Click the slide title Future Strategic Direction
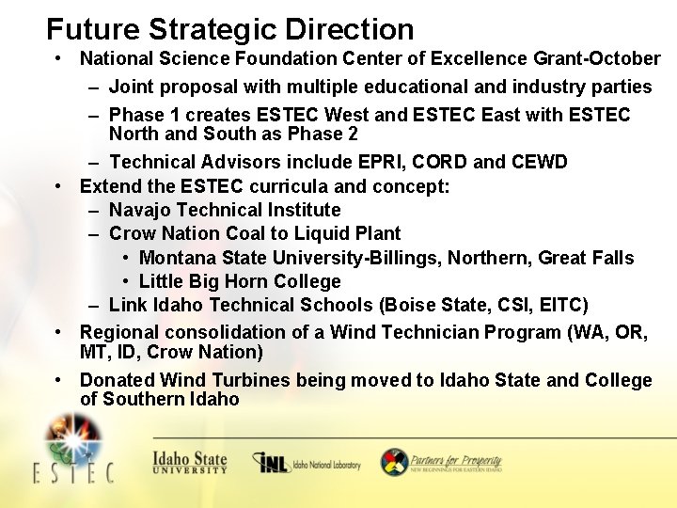(229, 29)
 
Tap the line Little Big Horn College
(240, 281)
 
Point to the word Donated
(118, 380)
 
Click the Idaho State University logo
(190, 462)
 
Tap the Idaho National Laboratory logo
(307, 463)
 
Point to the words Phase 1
(141, 115)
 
